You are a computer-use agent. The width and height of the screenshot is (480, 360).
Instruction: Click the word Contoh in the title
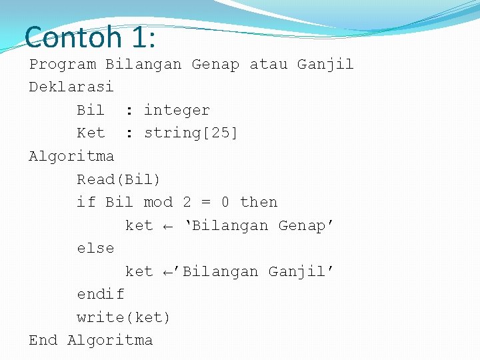point(73,37)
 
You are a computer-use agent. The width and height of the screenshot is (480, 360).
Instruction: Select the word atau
point(268,65)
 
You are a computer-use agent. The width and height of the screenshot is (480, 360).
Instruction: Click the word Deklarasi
point(71,87)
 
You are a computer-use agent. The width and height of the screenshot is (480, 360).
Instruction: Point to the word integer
point(177,111)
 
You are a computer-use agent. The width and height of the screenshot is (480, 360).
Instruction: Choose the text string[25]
point(191,133)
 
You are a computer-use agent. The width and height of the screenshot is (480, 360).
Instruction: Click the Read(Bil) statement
point(119,179)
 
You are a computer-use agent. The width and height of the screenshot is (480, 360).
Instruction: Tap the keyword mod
point(158,202)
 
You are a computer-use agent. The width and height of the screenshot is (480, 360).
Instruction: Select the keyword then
point(259,202)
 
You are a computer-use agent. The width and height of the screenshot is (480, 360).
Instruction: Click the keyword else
point(95,248)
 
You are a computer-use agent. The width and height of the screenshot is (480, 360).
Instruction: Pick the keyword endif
point(100,294)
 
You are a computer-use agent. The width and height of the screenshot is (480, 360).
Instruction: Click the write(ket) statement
point(123,317)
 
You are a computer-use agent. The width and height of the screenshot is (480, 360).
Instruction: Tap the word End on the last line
point(43,340)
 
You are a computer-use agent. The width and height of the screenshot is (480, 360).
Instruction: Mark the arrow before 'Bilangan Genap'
point(168,226)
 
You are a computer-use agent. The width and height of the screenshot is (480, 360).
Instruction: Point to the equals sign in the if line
point(205,202)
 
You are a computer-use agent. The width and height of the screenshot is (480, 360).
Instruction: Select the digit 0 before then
point(225,202)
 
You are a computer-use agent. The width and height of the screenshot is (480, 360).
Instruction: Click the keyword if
point(86,202)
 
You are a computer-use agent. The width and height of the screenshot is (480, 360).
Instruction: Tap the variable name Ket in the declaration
point(91,133)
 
